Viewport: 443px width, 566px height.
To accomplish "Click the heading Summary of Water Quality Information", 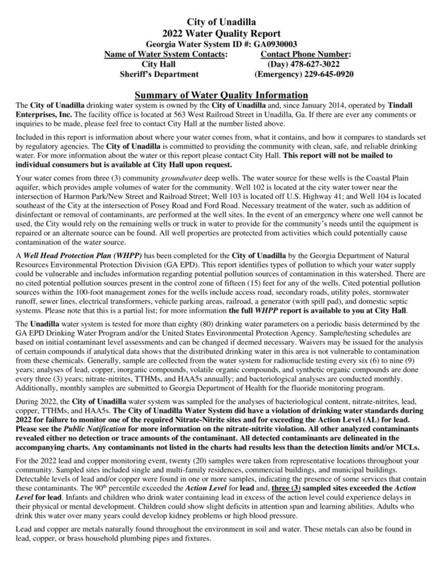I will point(221,95).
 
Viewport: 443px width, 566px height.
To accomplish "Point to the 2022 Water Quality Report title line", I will point(221,33).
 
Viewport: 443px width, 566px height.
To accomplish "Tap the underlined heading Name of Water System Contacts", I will point(166,54).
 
